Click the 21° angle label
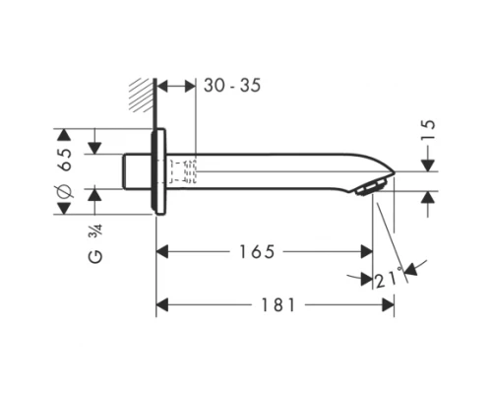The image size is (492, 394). click(x=387, y=281)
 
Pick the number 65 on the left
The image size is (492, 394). click(x=66, y=161)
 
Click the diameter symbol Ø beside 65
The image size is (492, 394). click(x=66, y=201)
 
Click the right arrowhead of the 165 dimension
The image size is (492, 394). click(x=366, y=253)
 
